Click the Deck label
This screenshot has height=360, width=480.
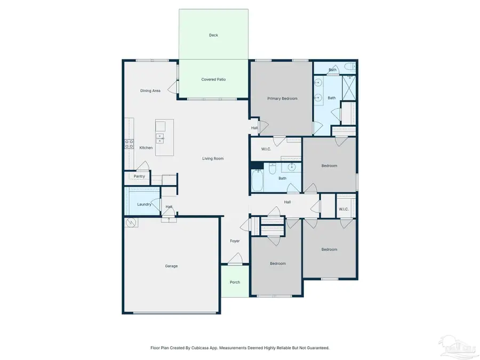pyautogui.click(x=213, y=35)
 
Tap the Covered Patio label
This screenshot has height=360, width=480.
pyautogui.click(x=213, y=79)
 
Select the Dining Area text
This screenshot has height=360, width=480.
pyautogui.click(x=150, y=91)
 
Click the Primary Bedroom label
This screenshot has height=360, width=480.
pyautogui.click(x=282, y=98)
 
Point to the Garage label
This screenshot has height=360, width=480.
pyautogui.click(x=171, y=266)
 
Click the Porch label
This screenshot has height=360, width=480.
pyautogui.click(x=235, y=282)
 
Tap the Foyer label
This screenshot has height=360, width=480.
pyautogui.click(x=235, y=241)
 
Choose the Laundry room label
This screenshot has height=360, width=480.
pyautogui.click(x=144, y=204)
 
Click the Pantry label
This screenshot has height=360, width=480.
pyautogui.click(x=139, y=176)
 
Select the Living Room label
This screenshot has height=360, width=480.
pyautogui.click(x=213, y=158)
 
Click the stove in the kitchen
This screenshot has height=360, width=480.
pyautogui.click(x=129, y=143)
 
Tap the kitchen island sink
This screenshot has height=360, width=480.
pyautogui.click(x=160, y=138)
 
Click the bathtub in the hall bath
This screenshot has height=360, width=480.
pyautogui.click(x=258, y=180)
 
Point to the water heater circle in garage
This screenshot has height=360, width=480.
pyautogui.click(x=131, y=223)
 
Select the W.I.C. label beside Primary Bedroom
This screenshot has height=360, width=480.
pyautogui.click(x=266, y=149)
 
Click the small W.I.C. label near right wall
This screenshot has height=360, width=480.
pyautogui.click(x=343, y=209)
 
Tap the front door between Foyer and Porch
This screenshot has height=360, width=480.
pyautogui.click(x=235, y=263)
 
